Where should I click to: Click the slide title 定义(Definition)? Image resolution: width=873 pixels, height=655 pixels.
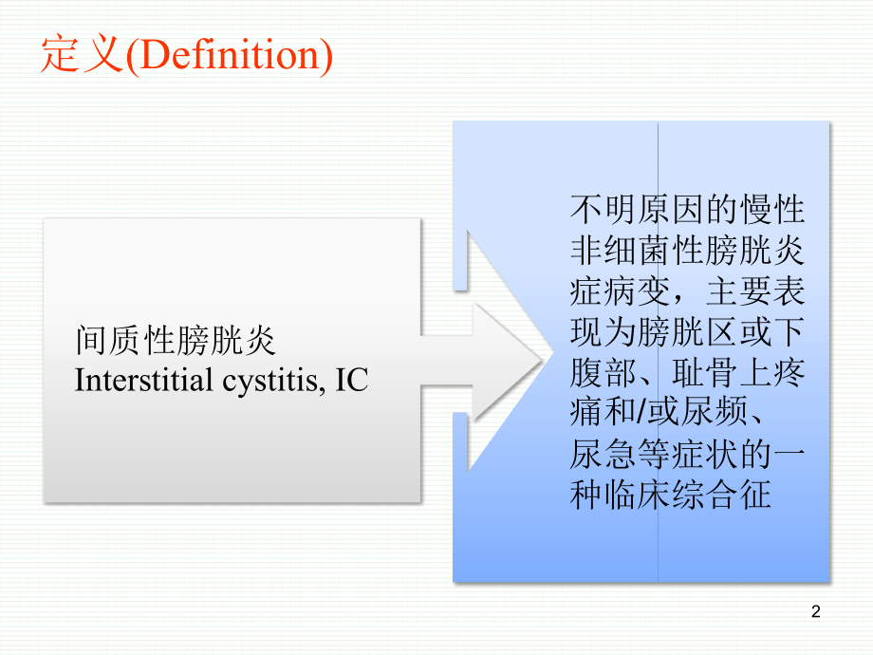186,56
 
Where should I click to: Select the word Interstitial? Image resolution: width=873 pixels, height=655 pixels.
143,382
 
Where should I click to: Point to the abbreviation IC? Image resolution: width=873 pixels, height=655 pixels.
350,382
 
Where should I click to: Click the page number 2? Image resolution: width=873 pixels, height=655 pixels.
817,613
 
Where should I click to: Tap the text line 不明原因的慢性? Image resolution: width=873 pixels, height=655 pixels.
687,208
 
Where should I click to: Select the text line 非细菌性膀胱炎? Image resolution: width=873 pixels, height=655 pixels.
687,250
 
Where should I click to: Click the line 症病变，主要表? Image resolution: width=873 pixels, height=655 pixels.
687,290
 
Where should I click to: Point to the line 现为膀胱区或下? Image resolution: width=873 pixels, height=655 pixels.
687,331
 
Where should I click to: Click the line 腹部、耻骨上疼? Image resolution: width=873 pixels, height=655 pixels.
687,373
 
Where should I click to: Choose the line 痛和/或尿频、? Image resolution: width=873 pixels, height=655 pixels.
675,414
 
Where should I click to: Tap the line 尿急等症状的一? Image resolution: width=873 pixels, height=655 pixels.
687,456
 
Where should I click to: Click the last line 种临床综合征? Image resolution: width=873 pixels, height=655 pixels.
670,496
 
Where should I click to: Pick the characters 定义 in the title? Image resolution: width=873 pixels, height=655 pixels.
82,56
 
